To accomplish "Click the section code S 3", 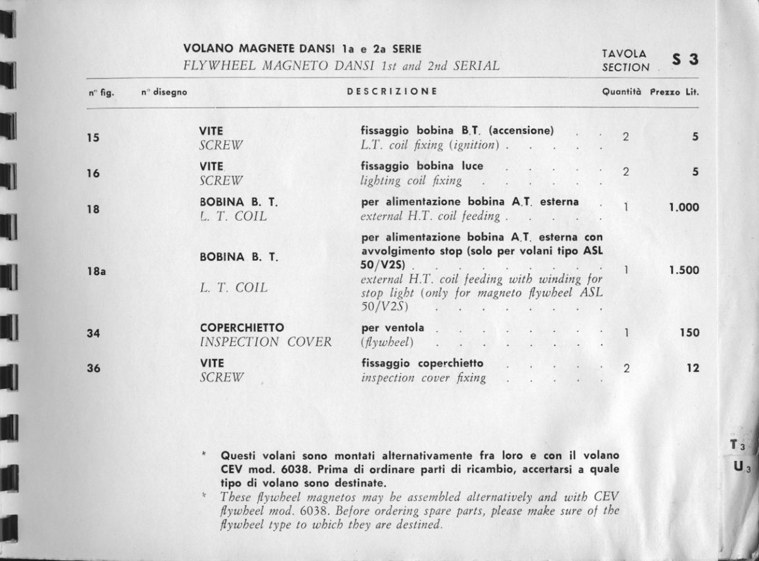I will [x=686, y=61].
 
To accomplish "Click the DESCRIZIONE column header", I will [x=392, y=91].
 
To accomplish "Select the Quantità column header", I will [x=622, y=92].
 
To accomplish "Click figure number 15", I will [x=93, y=137].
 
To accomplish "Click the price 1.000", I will [x=684, y=207].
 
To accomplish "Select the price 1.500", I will [x=684, y=270].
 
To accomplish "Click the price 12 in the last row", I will [x=693, y=367].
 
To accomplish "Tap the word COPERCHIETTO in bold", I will [x=242, y=328].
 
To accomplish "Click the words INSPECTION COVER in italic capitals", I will [x=265, y=342].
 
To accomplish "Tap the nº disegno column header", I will [x=164, y=92].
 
